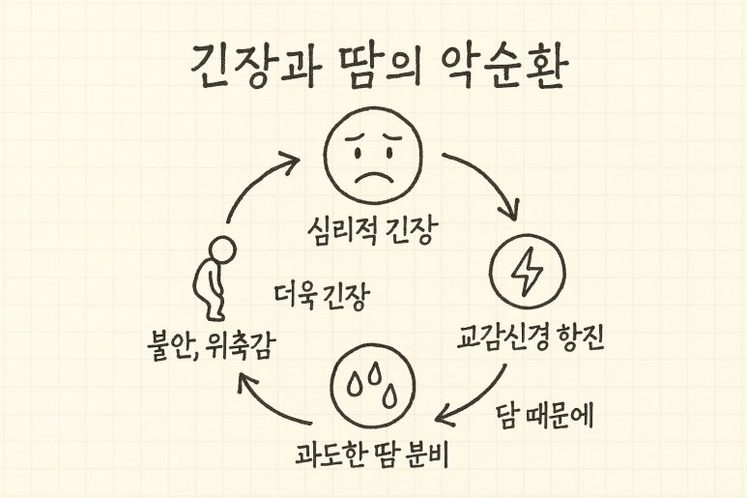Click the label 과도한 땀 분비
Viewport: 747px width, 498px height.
click(x=374, y=453)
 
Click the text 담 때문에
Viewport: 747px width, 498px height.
click(x=545, y=417)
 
